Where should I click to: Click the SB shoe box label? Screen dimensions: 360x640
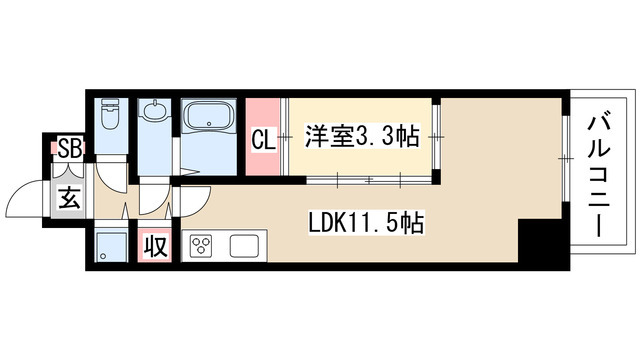pos(70,151)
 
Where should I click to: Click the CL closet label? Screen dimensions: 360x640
pos(262,139)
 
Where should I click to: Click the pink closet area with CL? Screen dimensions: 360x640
pos(262,125)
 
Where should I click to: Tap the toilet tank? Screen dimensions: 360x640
pos(110,106)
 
